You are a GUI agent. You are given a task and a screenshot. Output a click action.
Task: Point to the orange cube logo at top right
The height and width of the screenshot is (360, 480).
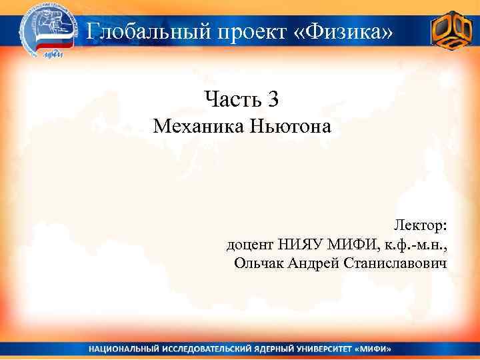click(451, 31)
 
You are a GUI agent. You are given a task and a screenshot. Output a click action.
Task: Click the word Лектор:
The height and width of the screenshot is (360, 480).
click(421, 225)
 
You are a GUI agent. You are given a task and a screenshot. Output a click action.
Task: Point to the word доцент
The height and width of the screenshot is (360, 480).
click(250, 245)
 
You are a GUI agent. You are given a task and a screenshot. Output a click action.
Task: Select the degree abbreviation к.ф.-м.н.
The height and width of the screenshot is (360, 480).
click(415, 245)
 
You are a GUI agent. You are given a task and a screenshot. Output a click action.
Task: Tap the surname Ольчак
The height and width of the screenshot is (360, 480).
click(259, 263)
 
